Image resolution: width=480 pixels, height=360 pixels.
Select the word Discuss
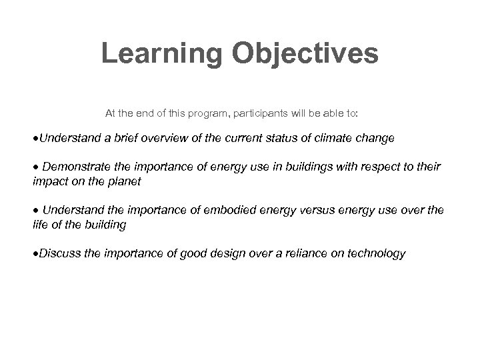pyautogui.click(x=59, y=253)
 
